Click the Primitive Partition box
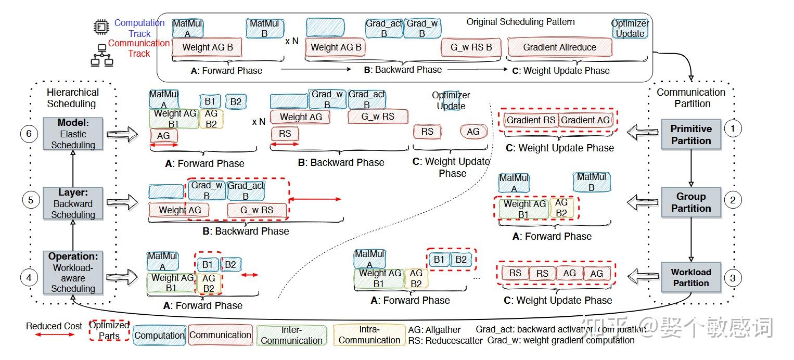click(x=690, y=134)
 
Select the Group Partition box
click(x=690, y=202)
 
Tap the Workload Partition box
click(x=690, y=277)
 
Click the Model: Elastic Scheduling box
click(x=73, y=134)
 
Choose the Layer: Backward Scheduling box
click(x=73, y=203)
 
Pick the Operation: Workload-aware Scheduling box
click(x=73, y=273)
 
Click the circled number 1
click(x=732, y=128)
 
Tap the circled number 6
click(x=29, y=134)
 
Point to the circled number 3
click(x=733, y=278)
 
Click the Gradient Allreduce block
click(x=559, y=47)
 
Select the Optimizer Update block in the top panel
click(x=630, y=29)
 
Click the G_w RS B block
click(x=470, y=47)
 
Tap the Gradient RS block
click(x=530, y=120)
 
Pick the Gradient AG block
click(x=585, y=120)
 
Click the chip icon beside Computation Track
click(x=100, y=28)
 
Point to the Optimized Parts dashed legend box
click(x=109, y=331)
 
